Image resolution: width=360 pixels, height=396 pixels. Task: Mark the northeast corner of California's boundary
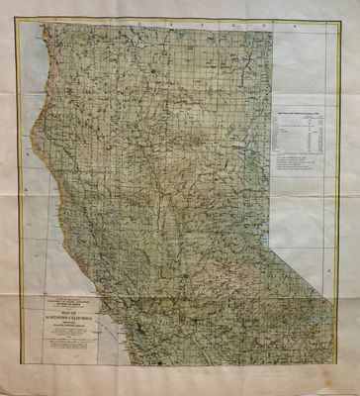pos(269,30)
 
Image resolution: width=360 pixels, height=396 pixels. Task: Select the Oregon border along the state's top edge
pos(158,30)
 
